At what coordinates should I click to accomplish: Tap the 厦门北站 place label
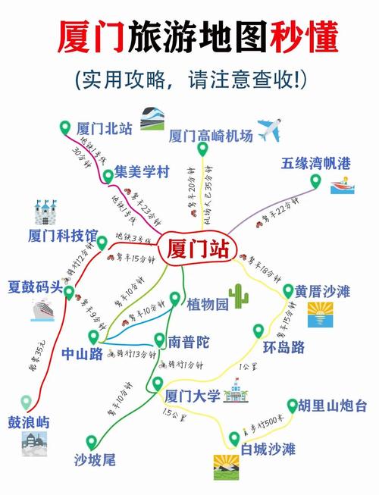coord(105,127)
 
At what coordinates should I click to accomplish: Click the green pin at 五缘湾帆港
coord(315,182)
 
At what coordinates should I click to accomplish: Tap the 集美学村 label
coord(141,171)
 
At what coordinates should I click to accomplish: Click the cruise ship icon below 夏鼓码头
coord(44,310)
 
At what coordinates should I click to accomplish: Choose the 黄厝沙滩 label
coord(322,291)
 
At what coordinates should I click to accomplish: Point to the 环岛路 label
coord(284,348)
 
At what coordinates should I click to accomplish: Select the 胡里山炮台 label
coord(333,406)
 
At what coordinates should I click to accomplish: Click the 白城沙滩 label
coord(268,450)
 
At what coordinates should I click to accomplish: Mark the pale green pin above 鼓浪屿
coord(27,402)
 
